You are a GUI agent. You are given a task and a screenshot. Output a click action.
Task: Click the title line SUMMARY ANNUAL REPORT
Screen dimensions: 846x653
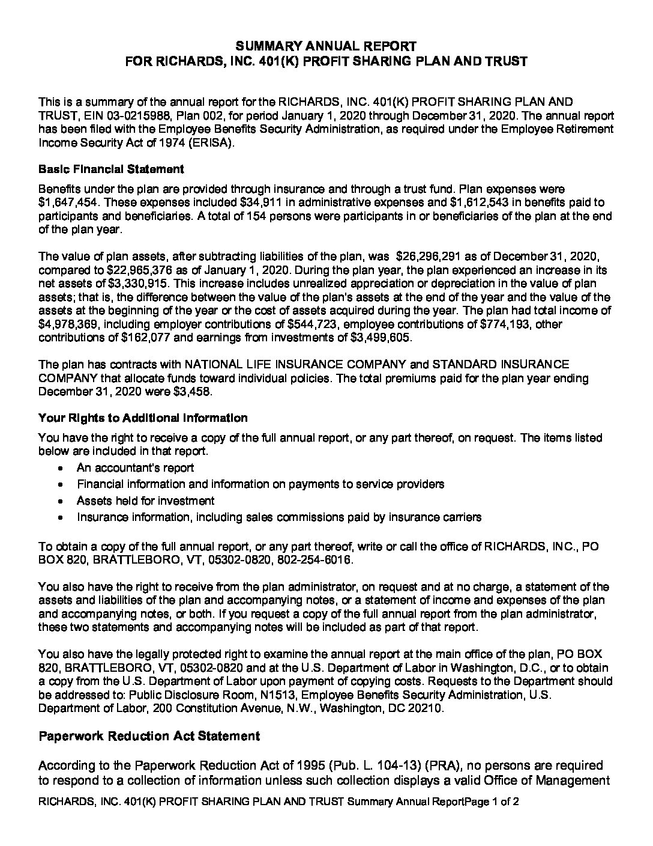tap(326, 46)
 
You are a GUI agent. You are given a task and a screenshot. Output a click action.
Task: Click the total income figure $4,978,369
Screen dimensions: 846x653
tap(68, 325)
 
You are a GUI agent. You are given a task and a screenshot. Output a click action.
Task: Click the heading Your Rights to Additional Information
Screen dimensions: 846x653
tap(143, 418)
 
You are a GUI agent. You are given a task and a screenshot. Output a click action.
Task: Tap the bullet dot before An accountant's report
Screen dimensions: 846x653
tap(62, 468)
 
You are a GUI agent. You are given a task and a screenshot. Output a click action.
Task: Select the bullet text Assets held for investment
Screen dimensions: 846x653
tap(145, 501)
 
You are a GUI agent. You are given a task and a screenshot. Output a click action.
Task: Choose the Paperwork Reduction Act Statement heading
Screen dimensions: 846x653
tap(149, 736)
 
